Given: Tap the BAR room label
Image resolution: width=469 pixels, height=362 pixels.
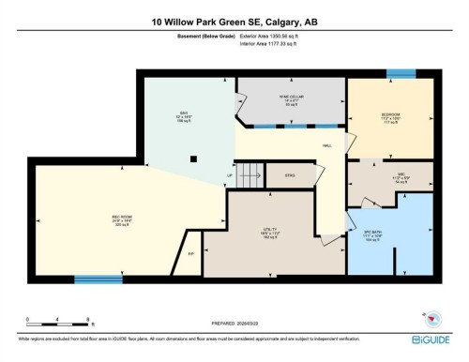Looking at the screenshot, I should (x=185, y=114).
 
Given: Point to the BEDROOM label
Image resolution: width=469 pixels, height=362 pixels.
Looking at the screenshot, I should (x=391, y=116).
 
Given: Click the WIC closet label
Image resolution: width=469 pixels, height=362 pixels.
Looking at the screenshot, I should (x=400, y=173).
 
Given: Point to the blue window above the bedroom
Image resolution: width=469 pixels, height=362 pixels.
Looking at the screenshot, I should (x=401, y=73).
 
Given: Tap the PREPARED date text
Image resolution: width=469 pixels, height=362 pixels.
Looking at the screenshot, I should (x=234, y=319).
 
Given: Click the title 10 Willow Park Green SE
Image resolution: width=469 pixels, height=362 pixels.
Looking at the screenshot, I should (x=234, y=21).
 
